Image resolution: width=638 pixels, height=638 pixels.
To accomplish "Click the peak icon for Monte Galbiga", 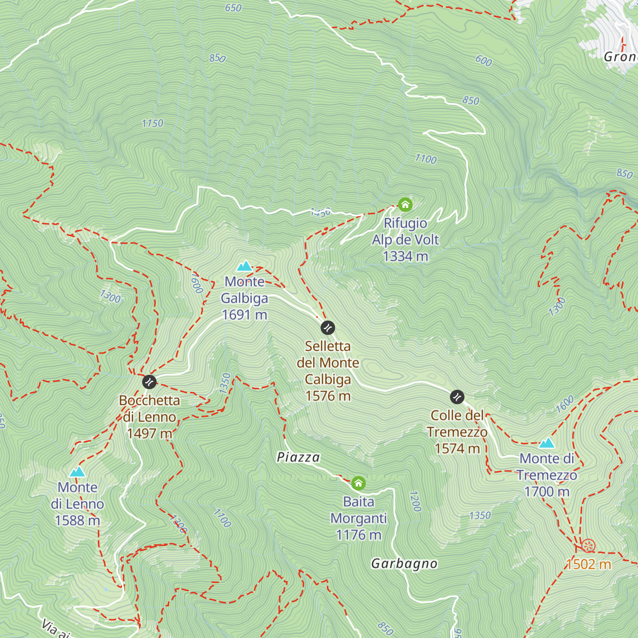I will tap(244, 266).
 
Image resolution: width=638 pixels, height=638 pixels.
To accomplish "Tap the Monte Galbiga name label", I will tap(244, 290).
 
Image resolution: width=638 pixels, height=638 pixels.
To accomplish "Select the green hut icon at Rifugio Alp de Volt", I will tap(405, 205).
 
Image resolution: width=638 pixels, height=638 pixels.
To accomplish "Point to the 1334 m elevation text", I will tap(405, 256).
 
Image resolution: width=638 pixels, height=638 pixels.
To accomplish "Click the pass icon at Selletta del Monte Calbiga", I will tap(328, 328).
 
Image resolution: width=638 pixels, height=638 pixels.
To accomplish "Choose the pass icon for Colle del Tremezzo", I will tap(457, 397).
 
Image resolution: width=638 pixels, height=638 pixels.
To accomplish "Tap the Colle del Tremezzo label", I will tap(457, 424).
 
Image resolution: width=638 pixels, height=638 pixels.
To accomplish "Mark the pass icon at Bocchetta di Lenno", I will tap(149, 381).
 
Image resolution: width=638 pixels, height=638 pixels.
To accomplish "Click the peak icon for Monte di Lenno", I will tap(77, 472).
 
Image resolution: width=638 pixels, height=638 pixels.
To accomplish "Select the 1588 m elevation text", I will tap(77, 521).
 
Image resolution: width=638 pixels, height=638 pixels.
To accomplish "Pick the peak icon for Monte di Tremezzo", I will tap(547, 443).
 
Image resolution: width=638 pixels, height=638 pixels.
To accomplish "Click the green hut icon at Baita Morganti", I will tap(358, 483).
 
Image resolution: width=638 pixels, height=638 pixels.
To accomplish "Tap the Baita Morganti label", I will tap(358, 510).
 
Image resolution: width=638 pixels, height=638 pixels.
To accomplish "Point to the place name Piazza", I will tap(298, 457).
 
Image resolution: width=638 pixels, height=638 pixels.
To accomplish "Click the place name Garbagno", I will tap(404, 564).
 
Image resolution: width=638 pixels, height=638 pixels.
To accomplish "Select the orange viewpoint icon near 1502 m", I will tap(587, 545).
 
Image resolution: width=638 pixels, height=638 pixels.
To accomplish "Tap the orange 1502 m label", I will tap(589, 565).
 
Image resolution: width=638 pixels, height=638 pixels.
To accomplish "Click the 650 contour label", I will tap(233, 8).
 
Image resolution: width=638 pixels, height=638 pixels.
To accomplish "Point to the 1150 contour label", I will tap(152, 123).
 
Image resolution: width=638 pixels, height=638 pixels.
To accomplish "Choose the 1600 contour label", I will tap(565, 404).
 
